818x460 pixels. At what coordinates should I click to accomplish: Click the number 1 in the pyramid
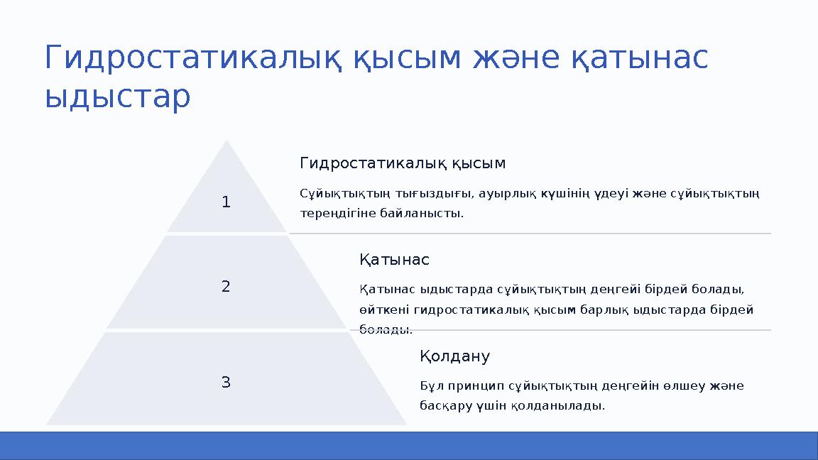(226, 202)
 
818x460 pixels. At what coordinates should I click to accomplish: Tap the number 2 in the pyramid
(226, 287)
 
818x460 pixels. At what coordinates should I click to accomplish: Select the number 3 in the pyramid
(226, 383)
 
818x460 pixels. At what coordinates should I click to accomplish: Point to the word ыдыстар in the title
(117, 97)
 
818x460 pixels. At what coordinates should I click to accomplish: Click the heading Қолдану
(454, 356)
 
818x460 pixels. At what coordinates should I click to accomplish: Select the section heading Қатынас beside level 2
(394, 260)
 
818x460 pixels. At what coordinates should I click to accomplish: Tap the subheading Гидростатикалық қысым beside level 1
(403, 163)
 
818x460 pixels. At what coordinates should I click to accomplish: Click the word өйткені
(384, 310)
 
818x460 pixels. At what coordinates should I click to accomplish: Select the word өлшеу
(686, 386)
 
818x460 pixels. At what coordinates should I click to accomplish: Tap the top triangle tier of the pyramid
(227, 192)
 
